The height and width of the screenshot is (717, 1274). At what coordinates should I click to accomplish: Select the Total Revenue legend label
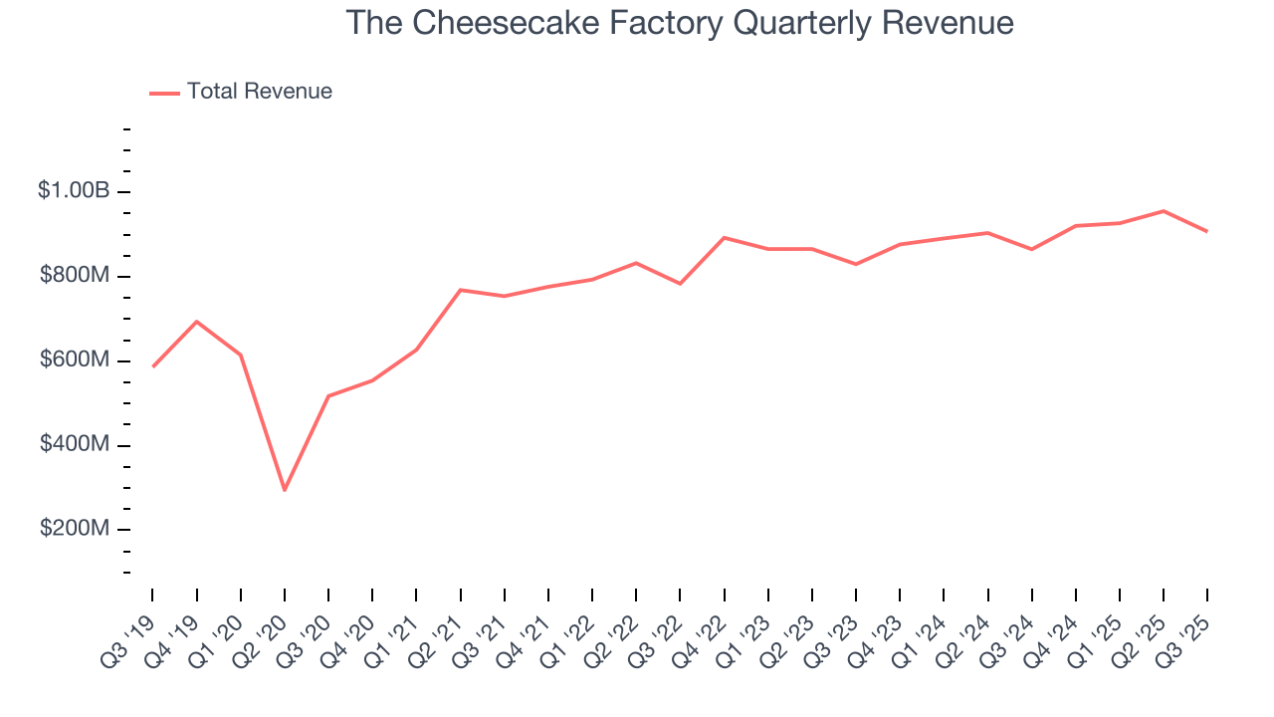(x=260, y=92)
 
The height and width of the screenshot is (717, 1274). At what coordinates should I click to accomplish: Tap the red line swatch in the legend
(x=164, y=93)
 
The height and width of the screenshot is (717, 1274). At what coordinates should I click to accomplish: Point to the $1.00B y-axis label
(x=73, y=190)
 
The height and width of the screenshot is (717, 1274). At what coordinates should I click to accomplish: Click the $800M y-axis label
(x=75, y=275)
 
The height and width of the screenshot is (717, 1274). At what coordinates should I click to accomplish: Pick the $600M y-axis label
(x=75, y=359)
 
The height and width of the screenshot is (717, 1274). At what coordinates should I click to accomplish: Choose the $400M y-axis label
(x=75, y=444)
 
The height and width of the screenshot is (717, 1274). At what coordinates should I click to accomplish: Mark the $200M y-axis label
(x=75, y=528)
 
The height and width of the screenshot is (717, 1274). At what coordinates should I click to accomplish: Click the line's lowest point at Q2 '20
(x=285, y=490)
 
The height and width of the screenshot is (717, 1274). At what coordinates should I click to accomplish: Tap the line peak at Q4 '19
(x=196, y=322)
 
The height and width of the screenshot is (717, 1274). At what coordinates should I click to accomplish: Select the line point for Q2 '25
(x=1163, y=211)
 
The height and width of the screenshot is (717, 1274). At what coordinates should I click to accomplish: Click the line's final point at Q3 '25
(x=1206, y=231)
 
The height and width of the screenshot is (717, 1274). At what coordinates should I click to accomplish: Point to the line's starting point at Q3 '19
(x=152, y=366)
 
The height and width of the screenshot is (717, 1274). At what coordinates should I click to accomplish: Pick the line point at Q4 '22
(x=724, y=238)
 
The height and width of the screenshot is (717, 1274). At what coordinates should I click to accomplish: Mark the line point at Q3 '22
(x=680, y=284)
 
